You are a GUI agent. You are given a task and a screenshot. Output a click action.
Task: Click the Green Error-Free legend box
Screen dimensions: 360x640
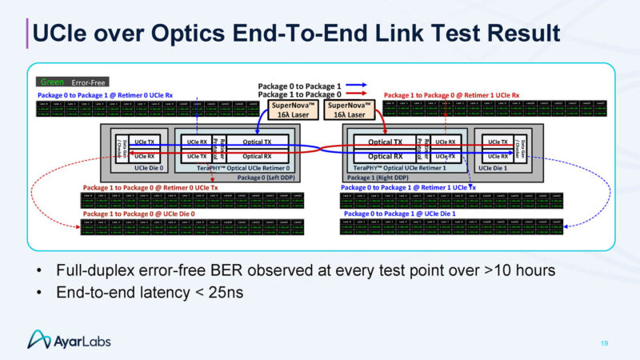click(73, 82)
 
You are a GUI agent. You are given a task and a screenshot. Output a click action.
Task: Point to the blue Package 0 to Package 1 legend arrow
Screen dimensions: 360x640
click(355, 86)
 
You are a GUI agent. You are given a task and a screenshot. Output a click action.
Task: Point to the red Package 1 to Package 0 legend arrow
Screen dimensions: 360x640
click(355, 94)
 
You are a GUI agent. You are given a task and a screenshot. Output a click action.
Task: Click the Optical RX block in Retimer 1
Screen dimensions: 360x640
click(385, 156)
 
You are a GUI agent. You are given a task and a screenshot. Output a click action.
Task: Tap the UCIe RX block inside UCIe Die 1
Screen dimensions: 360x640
click(497, 156)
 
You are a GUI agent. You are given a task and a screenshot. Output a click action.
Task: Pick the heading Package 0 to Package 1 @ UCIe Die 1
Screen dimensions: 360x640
click(399, 214)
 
